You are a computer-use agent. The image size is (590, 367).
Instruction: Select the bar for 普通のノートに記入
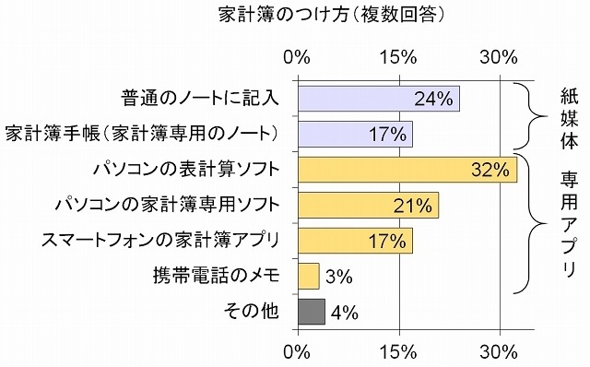coord(378,99)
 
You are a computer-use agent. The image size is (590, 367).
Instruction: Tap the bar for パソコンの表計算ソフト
coord(407,170)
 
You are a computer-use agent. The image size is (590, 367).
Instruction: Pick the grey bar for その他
coord(311,312)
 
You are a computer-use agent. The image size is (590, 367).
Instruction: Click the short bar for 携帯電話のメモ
coord(308,276)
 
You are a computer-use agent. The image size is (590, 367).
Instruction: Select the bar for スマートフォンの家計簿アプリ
coord(355,241)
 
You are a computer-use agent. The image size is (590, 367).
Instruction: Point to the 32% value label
coord(490,170)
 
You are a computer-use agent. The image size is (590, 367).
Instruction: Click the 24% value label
coord(432,99)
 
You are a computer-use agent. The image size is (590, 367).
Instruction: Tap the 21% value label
coord(412,206)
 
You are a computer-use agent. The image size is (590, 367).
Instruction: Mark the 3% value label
coord(339,277)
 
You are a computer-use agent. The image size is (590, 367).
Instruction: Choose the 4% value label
coord(344,313)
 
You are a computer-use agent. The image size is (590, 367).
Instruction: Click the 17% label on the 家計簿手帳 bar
coord(387,135)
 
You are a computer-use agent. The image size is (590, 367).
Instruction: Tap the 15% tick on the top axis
coord(399,57)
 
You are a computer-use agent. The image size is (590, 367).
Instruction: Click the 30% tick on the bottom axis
coord(500,351)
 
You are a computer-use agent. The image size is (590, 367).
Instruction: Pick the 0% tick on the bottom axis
coord(298,351)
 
